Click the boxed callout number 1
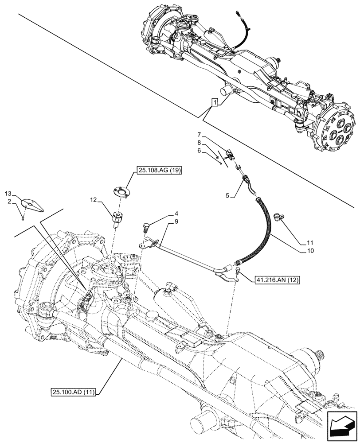pyautogui.click(x=215, y=103)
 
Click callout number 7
pyautogui.click(x=200, y=134)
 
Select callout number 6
pyautogui.click(x=200, y=151)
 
